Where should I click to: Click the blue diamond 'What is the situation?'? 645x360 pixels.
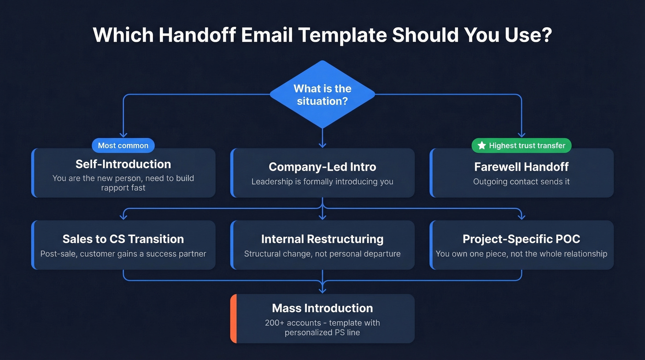322,94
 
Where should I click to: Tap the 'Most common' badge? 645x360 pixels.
123,146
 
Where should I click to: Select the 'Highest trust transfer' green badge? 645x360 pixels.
522,146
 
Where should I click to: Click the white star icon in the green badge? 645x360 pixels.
482,146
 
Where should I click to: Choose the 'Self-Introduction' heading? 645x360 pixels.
123,164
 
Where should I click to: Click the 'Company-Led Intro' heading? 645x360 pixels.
322,167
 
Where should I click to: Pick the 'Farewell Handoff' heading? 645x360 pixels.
522,167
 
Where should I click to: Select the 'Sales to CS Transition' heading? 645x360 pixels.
123,239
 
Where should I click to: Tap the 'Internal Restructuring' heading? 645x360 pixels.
322,239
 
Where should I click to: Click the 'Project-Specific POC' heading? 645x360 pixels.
522,239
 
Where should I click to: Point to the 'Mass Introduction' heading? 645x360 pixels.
322,308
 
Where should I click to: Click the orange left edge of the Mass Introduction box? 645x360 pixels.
233,319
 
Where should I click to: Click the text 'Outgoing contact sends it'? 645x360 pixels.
522,182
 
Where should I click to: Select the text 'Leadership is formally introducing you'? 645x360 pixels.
322,182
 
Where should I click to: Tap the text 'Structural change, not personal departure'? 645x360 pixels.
322,254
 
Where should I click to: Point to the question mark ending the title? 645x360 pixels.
547,35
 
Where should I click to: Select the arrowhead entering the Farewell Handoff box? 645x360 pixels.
522,135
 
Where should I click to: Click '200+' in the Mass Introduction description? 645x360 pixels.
275,323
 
